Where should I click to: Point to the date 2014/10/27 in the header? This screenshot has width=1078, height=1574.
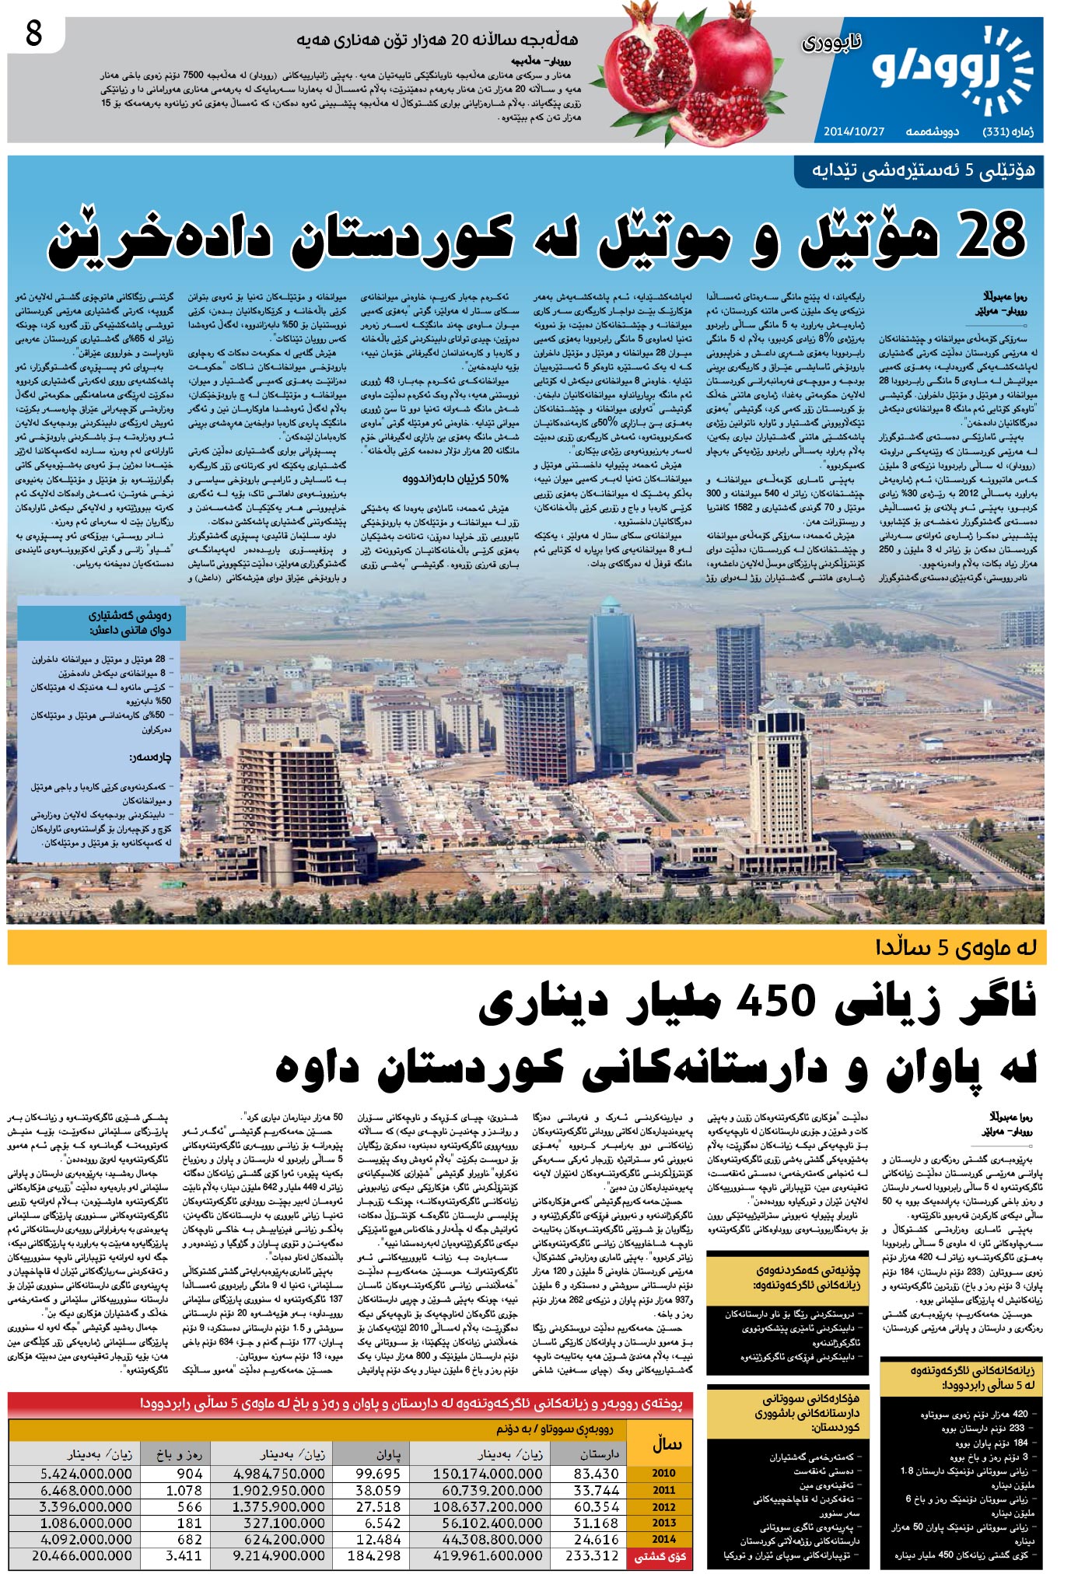pyautogui.click(x=854, y=131)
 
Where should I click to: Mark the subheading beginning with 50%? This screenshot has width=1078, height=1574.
pyautogui.click(x=456, y=478)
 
